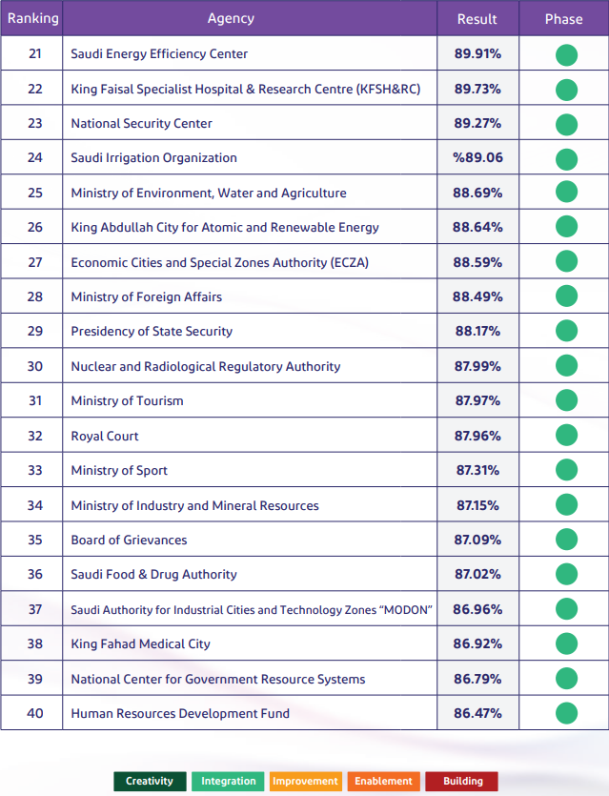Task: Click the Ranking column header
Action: point(33,18)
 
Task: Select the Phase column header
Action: point(563,19)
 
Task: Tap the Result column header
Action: point(477,19)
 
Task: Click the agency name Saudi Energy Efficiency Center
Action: point(159,54)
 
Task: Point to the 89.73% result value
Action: point(477,89)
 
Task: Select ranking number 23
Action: point(35,123)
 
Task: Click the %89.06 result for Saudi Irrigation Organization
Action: point(477,158)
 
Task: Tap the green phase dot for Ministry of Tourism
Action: point(566,401)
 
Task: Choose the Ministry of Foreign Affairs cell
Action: point(146,296)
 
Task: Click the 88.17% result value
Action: point(477,332)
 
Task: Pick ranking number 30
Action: point(35,366)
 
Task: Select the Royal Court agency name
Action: point(105,436)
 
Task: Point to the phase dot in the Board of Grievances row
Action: point(566,541)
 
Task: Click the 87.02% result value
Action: point(477,575)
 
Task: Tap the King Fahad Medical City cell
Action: point(140,644)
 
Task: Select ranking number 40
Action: point(35,713)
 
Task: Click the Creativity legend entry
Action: point(150,782)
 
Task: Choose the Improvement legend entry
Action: point(305,782)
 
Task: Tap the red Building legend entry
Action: point(462,782)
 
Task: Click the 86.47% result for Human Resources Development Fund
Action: point(477,713)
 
